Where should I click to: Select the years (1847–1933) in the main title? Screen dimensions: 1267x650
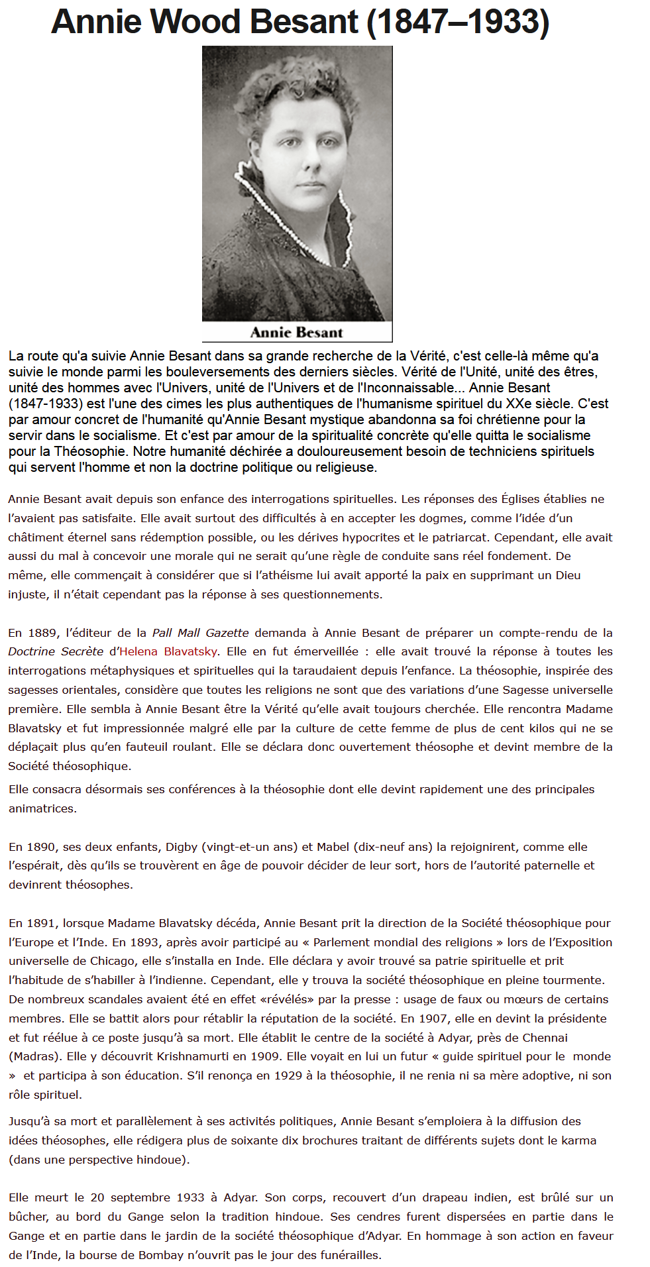[458, 22]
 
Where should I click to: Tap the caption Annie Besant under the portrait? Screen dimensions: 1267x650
[297, 332]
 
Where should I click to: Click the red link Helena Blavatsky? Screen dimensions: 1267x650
[168, 651]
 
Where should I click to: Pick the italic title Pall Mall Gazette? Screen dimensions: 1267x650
[201, 633]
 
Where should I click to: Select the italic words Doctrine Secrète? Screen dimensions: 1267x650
[56, 651]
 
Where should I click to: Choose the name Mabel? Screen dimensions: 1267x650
[333, 847]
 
